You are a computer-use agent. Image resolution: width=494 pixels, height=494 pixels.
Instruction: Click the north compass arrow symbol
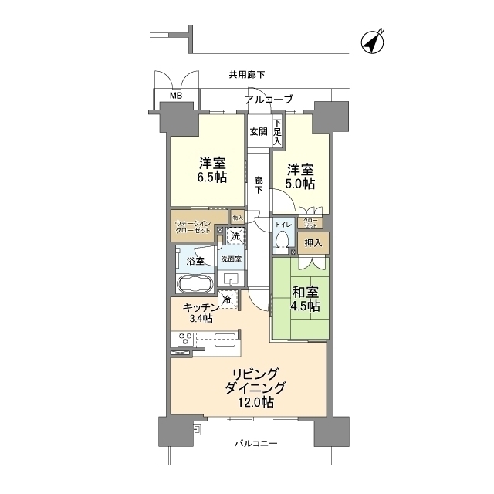click(x=372, y=42)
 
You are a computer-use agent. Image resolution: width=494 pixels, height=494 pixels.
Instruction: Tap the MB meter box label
click(x=176, y=96)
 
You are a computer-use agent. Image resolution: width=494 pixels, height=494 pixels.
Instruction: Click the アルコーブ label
click(x=269, y=100)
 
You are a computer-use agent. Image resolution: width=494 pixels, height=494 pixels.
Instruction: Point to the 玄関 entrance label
click(x=259, y=132)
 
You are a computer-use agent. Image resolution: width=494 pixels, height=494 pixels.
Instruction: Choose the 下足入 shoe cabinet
click(x=277, y=132)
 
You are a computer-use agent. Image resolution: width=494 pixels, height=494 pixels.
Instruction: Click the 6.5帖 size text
click(x=212, y=178)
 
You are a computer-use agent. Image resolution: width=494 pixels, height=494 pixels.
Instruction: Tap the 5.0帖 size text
click(x=300, y=184)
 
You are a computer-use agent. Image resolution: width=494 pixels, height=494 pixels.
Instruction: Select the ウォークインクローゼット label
click(x=193, y=226)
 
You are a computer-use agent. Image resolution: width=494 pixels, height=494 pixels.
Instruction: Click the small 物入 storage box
click(x=238, y=218)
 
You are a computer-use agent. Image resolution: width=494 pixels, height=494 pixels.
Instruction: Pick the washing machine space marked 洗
click(x=235, y=235)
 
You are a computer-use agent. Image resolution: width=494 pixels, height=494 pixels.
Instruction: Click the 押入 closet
click(x=313, y=243)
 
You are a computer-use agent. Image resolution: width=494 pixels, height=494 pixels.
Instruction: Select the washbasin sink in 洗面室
click(x=232, y=278)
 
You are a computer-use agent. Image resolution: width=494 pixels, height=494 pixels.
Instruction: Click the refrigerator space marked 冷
click(x=227, y=299)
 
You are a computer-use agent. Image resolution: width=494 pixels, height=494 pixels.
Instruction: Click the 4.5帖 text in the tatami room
click(x=305, y=306)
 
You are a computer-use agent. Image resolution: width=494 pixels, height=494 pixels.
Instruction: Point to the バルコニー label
click(x=255, y=444)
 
